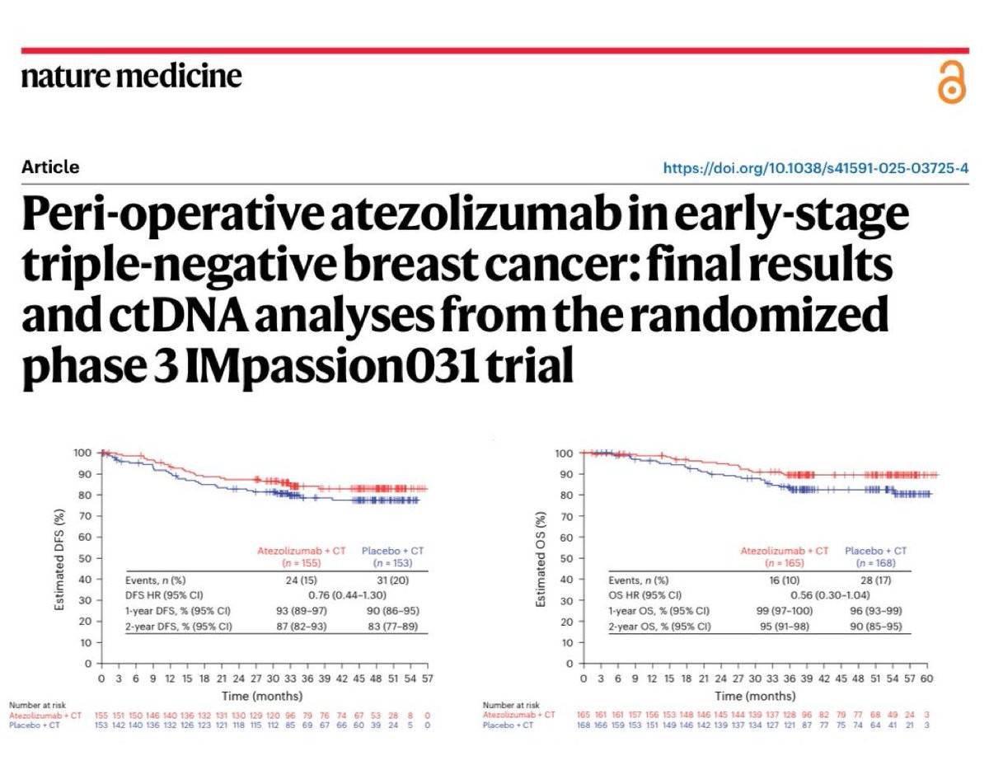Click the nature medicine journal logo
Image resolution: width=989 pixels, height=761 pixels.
[x=132, y=77]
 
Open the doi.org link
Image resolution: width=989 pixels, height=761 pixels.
[x=816, y=168]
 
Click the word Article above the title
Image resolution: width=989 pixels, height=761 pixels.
[x=51, y=167]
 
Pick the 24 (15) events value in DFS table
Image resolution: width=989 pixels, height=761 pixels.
[x=288, y=580]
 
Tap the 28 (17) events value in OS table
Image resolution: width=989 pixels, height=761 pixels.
[x=875, y=580]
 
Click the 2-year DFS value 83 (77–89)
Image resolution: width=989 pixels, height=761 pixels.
[x=392, y=627]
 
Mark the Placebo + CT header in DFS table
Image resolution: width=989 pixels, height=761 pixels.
[x=393, y=550]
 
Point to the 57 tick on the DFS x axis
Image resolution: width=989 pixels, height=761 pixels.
[x=427, y=679]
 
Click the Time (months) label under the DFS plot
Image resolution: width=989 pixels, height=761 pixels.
[x=264, y=695]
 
